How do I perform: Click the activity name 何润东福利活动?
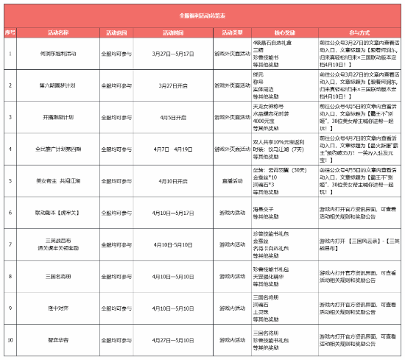pyautogui.click(x=58, y=54)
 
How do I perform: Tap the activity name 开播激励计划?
pyautogui.click(x=58, y=116)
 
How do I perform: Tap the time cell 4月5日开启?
pyautogui.click(x=173, y=116)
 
